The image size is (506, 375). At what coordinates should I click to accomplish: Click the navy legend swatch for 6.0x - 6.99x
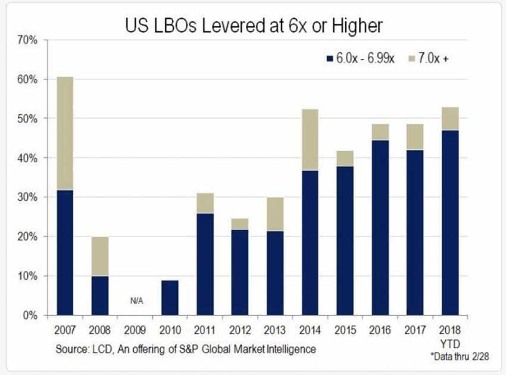[329, 58]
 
